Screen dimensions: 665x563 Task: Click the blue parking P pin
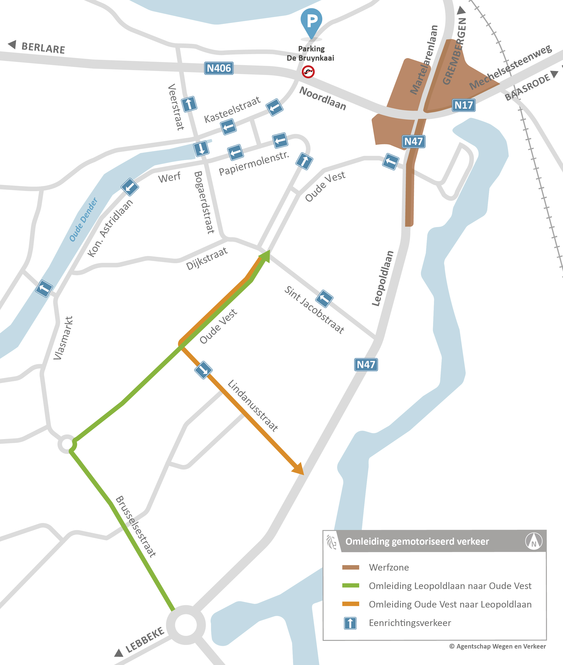click(x=311, y=22)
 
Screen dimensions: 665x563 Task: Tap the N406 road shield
click(x=219, y=68)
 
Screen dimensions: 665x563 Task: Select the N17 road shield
click(x=463, y=105)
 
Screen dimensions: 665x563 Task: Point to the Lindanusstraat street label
click(x=252, y=406)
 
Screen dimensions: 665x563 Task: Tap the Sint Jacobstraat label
click(x=314, y=310)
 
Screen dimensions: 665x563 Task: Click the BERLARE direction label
click(x=43, y=48)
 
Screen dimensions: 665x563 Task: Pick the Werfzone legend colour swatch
click(x=350, y=567)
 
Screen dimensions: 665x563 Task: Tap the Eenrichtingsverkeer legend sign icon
click(x=350, y=623)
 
